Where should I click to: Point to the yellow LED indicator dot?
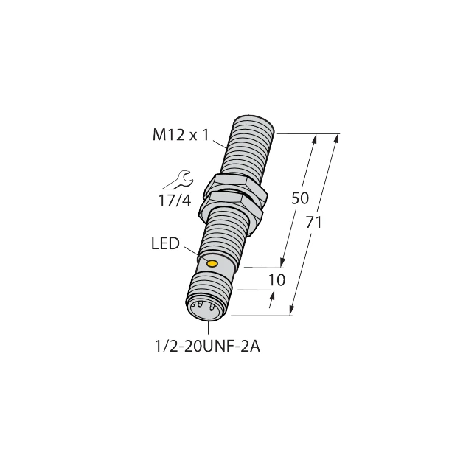click(212, 263)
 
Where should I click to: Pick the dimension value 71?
click(314, 222)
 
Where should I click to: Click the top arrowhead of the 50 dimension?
click(316, 139)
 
